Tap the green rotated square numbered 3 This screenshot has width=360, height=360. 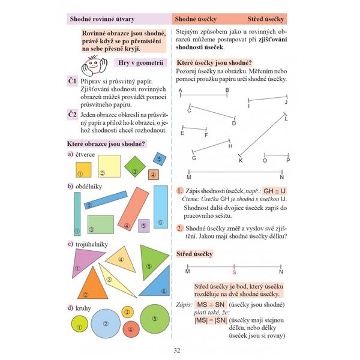tap(133, 164)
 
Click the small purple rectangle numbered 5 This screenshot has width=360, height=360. tap(143, 225)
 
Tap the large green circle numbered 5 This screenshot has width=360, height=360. tap(155, 320)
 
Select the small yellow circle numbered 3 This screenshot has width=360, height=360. tap(127, 312)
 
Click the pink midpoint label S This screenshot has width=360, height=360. tap(234, 272)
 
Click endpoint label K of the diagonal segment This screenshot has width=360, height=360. tap(240, 161)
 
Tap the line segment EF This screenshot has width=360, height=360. tap(194, 128)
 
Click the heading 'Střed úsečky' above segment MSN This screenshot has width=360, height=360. tap(194, 254)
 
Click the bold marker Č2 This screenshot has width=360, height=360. tap(72, 114)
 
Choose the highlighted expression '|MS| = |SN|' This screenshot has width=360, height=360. tap(209, 321)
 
